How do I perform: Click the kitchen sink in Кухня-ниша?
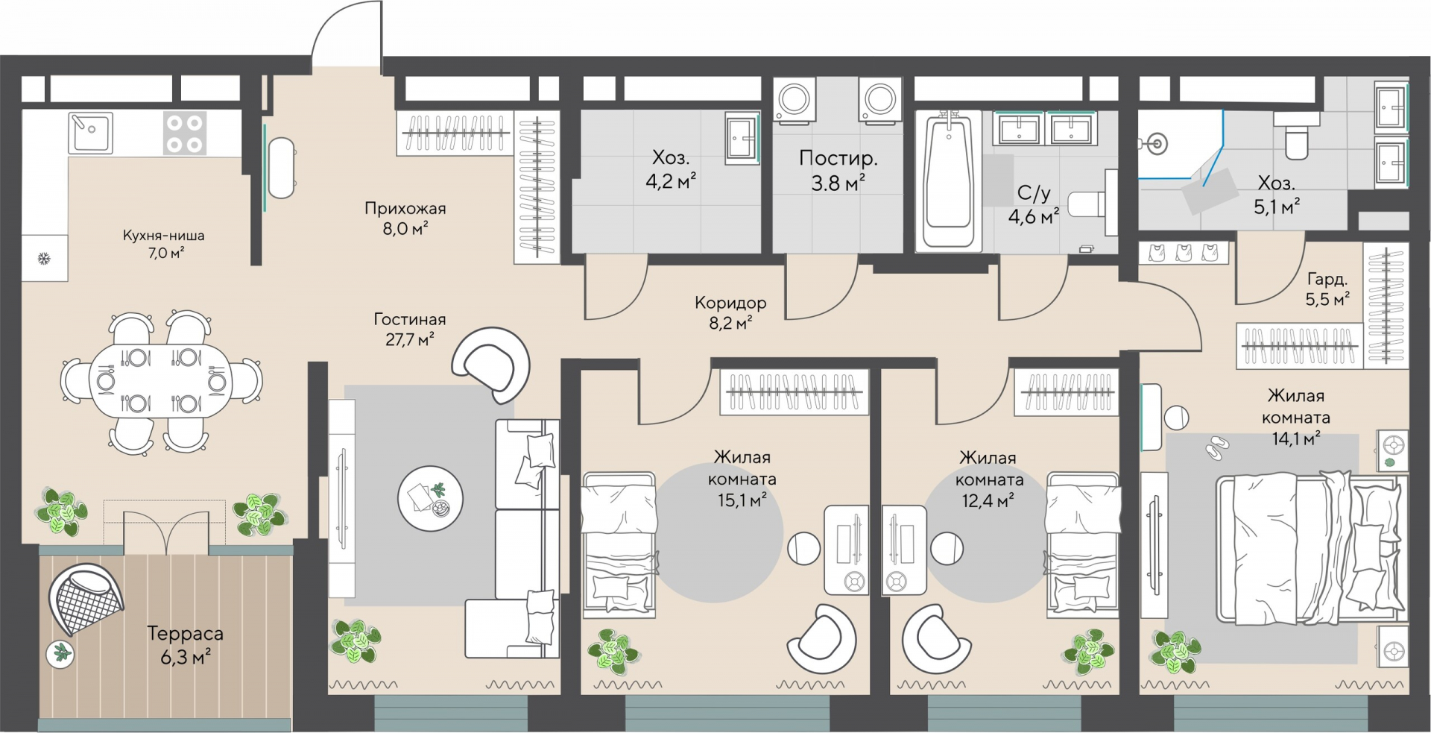[90, 133]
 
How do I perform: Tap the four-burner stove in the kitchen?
[185, 133]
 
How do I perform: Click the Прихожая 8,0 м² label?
[405, 218]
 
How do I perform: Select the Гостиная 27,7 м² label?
[410, 329]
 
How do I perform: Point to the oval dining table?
[161, 381]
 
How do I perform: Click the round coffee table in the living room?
[430, 497]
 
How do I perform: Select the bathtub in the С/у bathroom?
[948, 180]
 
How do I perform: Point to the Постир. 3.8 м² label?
[838, 170]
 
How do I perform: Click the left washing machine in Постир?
[795, 99]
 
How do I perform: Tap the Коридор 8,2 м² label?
[730, 312]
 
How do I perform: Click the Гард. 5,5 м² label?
[1327, 289]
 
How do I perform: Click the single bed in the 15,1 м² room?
[619, 544]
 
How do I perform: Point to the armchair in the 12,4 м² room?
[937, 640]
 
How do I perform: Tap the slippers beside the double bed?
[1217, 447]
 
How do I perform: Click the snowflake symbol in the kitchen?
[44, 259]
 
